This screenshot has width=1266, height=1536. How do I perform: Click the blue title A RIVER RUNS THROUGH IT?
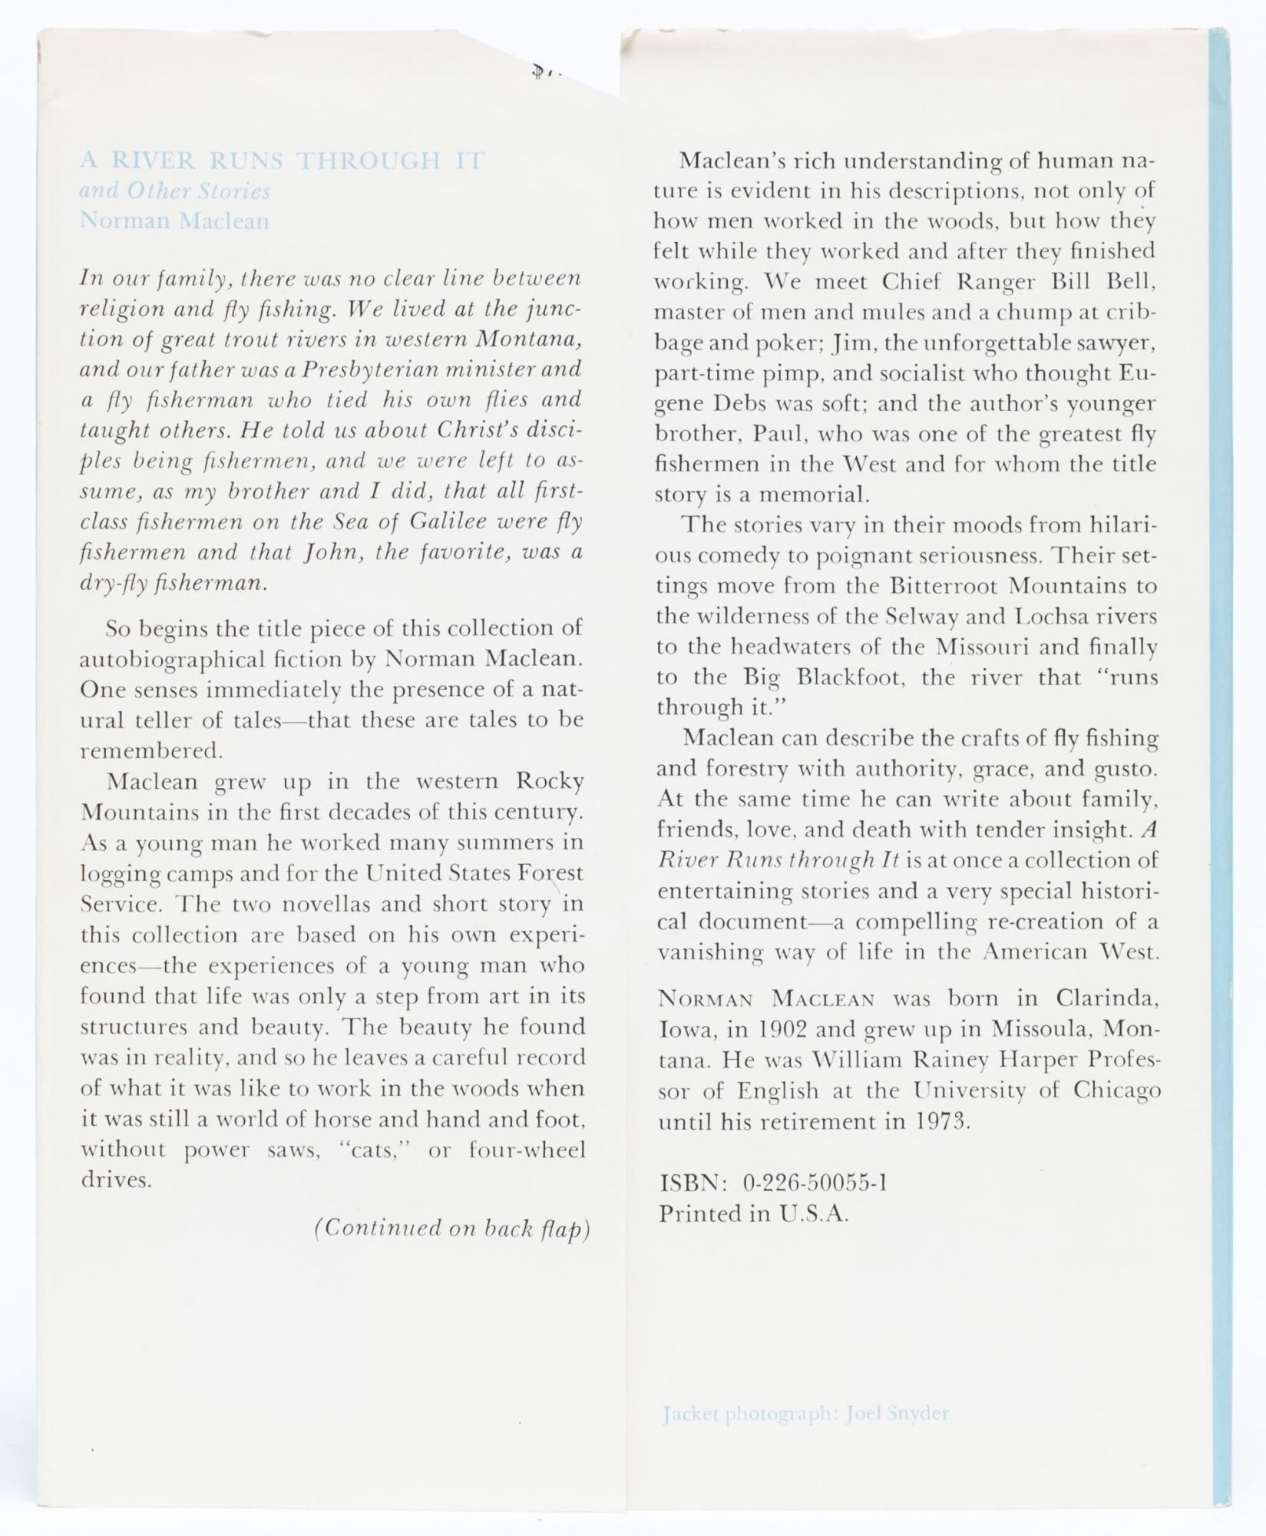pyautogui.click(x=283, y=161)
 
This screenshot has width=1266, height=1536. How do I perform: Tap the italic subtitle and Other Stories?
pyautogui.click(x=174, y=190)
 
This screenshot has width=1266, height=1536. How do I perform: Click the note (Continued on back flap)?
pyautogui.click(x=451, y=1228)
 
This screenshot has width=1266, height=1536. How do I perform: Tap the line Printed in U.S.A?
pyautogui.click(x=754, y=1213)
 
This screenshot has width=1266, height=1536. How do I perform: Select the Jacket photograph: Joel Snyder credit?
pyautogui.click(x=805, y=1413)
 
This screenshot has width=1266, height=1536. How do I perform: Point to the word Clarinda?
pyautogui.click(x=1106, y=998)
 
